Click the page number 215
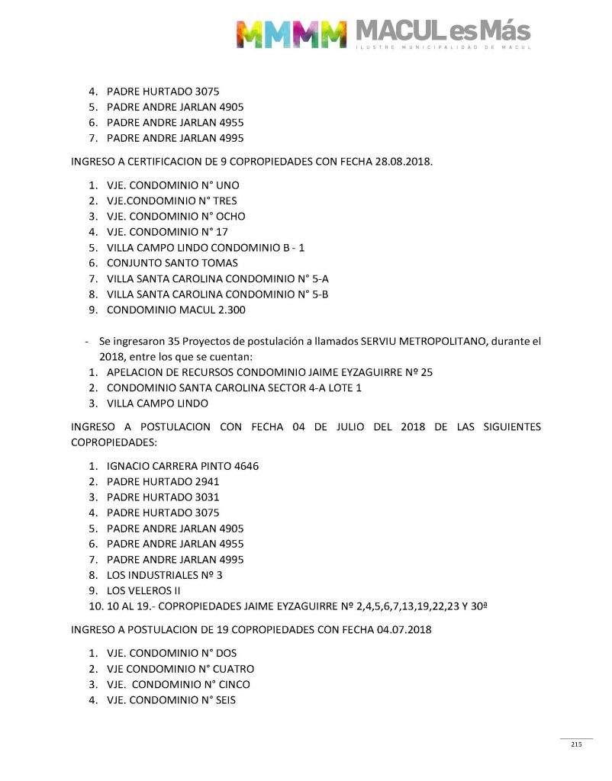click(x=576, y=744)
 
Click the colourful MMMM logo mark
click(x=290, y=34)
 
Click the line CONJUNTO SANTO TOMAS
click(x=172, y=263)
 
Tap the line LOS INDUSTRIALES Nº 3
click(x=164, y=575)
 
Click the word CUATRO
click(x=232, y=669)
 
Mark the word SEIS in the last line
click(x=224, y=700)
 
